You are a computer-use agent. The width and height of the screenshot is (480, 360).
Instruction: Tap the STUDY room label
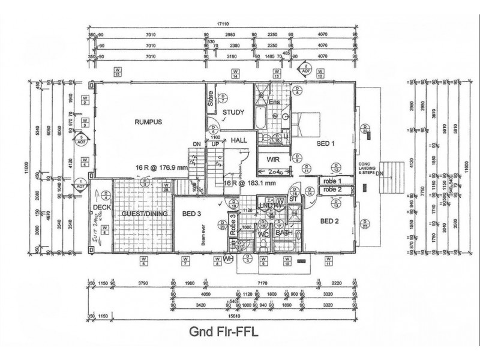pos(233,112)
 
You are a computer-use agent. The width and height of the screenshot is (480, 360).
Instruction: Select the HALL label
pos(239,140)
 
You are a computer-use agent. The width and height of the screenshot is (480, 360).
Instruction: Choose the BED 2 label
pos(330,221)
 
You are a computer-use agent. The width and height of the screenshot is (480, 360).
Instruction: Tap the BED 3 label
pos(191,214)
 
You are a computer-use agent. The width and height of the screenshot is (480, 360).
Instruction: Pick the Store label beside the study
pos(211,98)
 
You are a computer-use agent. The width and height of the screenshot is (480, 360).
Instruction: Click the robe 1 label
pos(332,181)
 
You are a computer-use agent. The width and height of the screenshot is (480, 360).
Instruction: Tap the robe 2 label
pos(332,190)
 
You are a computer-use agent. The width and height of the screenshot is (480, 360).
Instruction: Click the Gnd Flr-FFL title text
pos(224,332)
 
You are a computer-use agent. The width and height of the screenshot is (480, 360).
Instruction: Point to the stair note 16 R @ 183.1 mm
pos(250,184)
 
